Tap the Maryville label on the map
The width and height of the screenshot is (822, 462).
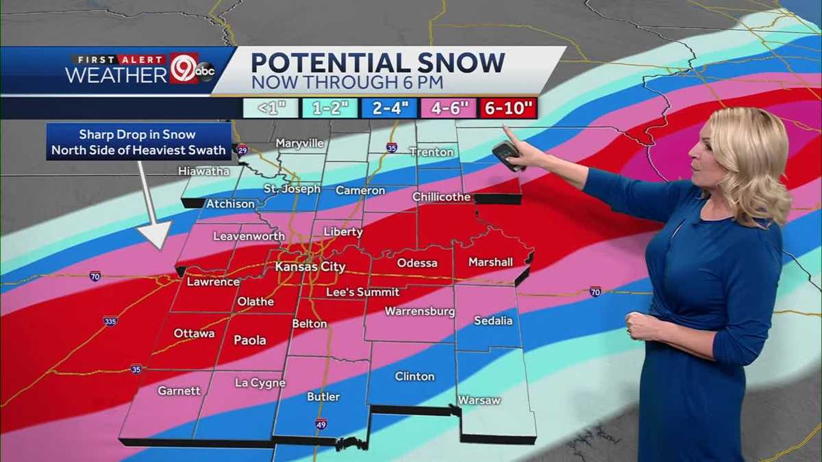pos(300,144)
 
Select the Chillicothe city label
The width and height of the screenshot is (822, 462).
pos(441,197)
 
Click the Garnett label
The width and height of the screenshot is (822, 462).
pos(179,391)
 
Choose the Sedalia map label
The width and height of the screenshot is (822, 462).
pos(493,320)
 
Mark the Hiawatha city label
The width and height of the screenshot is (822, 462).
pos(203,171)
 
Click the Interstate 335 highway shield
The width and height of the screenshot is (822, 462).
pos(110,321)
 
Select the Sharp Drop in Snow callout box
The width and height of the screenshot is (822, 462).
pos(139,142)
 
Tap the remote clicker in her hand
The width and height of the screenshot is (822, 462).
pos(506,155)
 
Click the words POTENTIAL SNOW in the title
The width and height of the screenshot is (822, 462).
pos(377,63)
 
